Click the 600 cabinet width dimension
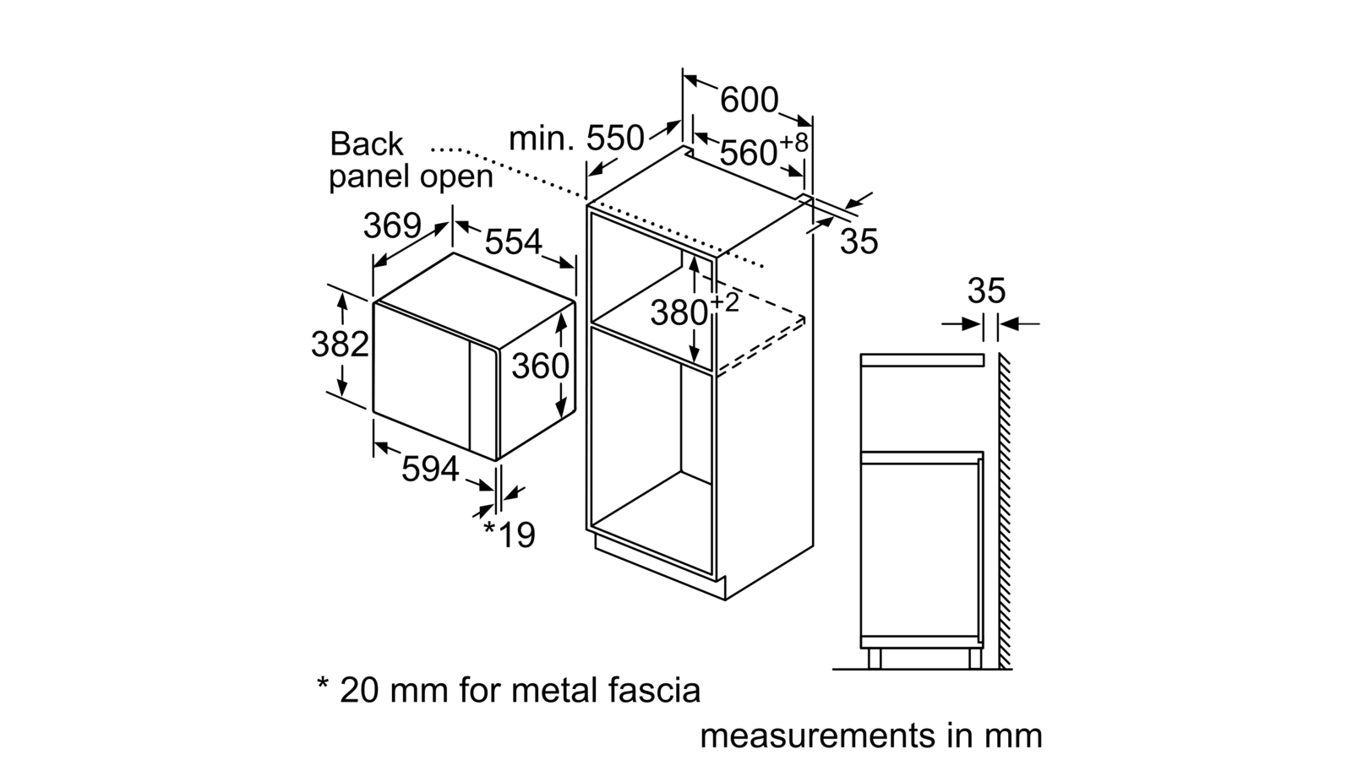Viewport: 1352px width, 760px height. [x=749, y=100]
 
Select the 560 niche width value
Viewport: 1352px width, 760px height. [x=749, y=153]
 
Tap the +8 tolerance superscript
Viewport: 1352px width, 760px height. [x=793, y=143]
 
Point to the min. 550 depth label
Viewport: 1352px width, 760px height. [x=576, y=138]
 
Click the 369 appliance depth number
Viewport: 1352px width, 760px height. [x=392, y=225]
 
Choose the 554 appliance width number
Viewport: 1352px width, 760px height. [x=514, y=242]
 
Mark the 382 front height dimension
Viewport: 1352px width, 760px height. [x=340, y=345]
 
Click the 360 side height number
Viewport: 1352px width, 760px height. [x=540, y=366]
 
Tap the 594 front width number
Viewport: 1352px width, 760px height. [x=430, y=469]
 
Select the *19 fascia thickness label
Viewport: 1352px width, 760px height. [x=510, y=534]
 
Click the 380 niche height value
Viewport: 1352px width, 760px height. [x=679, y=313]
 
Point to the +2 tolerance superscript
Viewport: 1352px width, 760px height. [x=725, y=303]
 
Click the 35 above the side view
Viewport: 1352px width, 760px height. [x=987, y=290]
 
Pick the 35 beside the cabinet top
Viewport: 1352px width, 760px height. [x=859, y=242]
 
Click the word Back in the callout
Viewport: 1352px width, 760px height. [x=367, y=144]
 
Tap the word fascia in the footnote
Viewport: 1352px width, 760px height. [x=654, y=690]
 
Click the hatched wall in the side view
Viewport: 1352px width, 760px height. [x=1005, y=512]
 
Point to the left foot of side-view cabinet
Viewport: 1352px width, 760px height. [x=874, y=659]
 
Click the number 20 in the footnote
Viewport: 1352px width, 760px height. [x=359, y=690]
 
